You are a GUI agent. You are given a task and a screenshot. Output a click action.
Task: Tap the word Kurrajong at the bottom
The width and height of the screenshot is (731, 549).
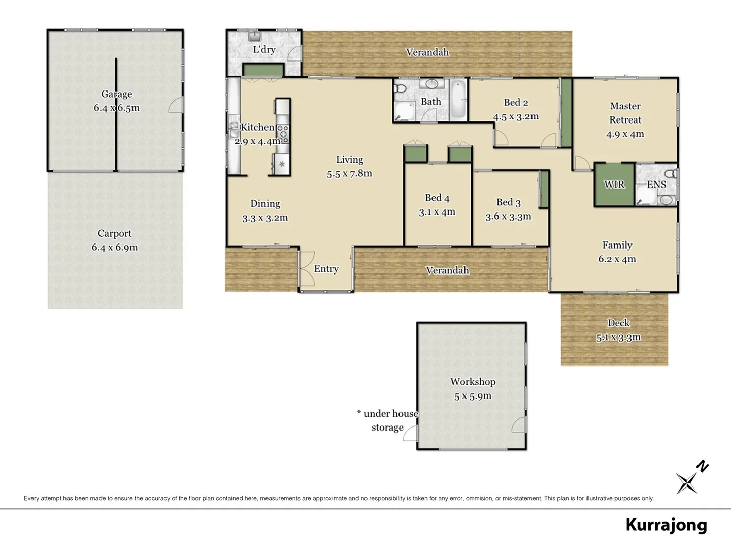[x=666, y=525]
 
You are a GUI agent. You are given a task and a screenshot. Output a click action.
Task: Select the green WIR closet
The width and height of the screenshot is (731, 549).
[x=614, y=185]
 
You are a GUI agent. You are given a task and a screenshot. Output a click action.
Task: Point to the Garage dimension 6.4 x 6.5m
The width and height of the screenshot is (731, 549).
[x=116, y=108]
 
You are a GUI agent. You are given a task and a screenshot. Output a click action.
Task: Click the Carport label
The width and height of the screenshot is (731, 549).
[x=115, y=233]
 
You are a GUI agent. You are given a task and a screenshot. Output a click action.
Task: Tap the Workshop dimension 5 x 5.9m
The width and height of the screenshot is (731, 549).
[x=473, y=396]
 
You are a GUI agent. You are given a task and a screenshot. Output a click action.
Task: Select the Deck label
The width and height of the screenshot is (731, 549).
[x=618, y=323]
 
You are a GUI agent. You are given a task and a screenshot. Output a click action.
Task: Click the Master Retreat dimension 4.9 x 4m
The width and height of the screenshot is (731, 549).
[x=625, y=134]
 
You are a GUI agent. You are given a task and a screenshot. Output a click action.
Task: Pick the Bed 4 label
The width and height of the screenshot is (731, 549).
[x=437, y=198]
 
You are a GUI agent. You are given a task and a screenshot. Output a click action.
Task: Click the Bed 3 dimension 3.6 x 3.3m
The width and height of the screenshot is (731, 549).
[x=508, y=217]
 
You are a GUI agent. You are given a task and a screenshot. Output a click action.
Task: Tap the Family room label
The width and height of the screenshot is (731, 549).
[x=617, y=245]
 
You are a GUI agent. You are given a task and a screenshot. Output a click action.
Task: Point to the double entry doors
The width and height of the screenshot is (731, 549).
[x=306, y=270]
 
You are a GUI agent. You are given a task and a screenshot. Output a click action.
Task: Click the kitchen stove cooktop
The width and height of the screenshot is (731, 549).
[x=283, y=133]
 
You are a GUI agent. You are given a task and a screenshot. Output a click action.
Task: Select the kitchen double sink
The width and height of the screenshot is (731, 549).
[x=234, y=130]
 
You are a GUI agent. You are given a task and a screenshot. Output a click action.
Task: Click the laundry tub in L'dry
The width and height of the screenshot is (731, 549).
[x=254, y=37]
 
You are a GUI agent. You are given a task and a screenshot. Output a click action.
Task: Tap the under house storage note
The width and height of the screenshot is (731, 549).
[x=388, y=420]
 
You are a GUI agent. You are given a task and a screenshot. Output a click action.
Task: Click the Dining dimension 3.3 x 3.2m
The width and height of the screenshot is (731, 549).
[x=265, y=218]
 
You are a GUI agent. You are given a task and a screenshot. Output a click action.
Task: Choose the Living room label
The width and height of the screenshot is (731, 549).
[x=349, y=160]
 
